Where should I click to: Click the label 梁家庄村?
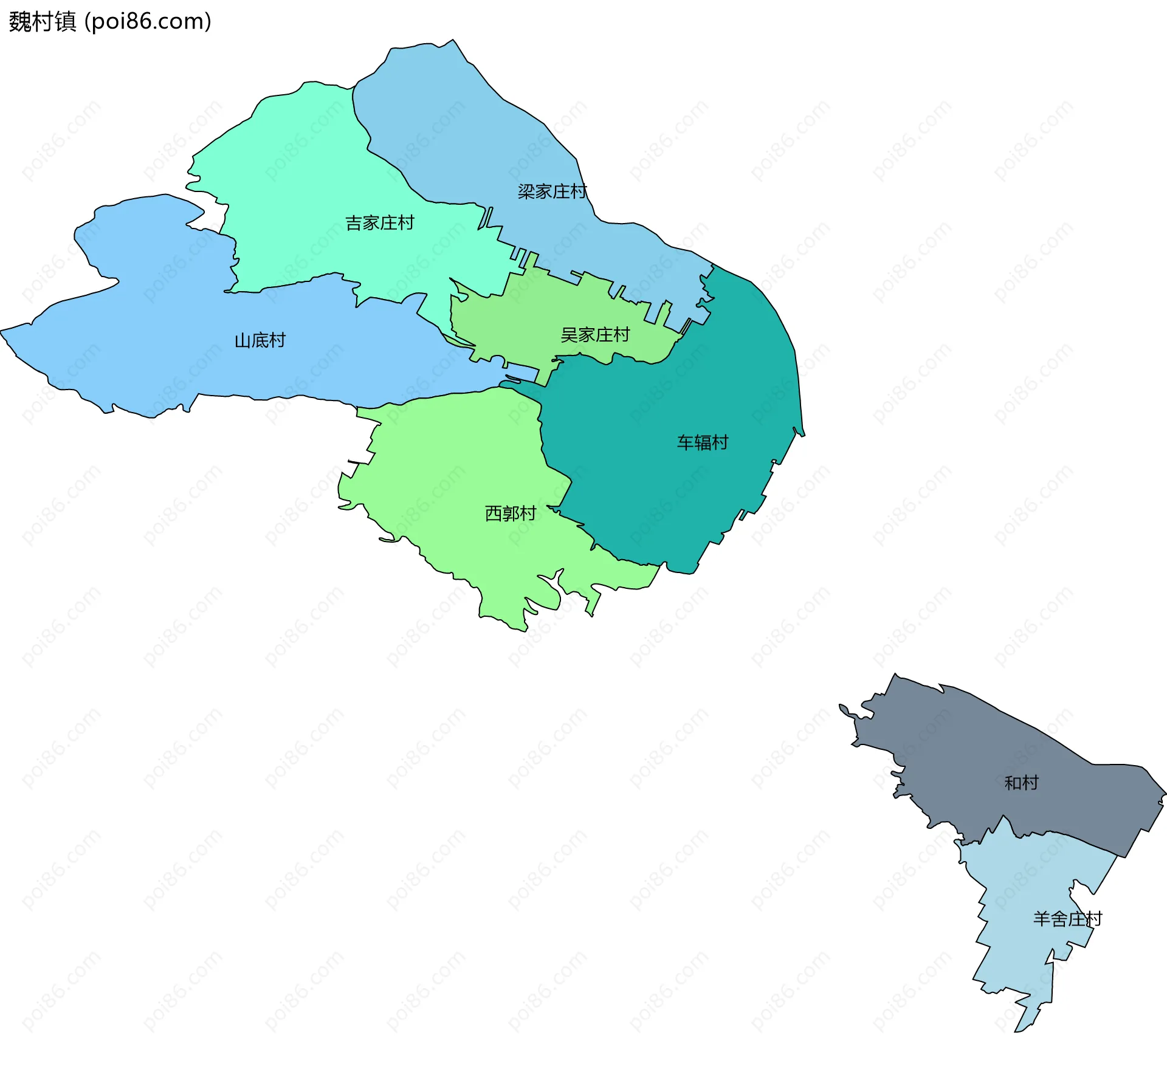(552, 192)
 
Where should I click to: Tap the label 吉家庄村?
(380, 223)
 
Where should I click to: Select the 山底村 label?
(260, 340)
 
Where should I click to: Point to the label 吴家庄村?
(595, 335)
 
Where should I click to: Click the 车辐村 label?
(703, 442)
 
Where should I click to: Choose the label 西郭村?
(511, 514)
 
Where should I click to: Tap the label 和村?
(1022, 783)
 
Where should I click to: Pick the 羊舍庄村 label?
(1067, 919)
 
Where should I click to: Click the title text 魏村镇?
(43, 22)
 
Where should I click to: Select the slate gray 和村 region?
(972, 760)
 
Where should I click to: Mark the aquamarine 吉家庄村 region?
(304, 182)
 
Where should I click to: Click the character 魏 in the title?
(20, 22)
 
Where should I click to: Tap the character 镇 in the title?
(66, 22)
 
